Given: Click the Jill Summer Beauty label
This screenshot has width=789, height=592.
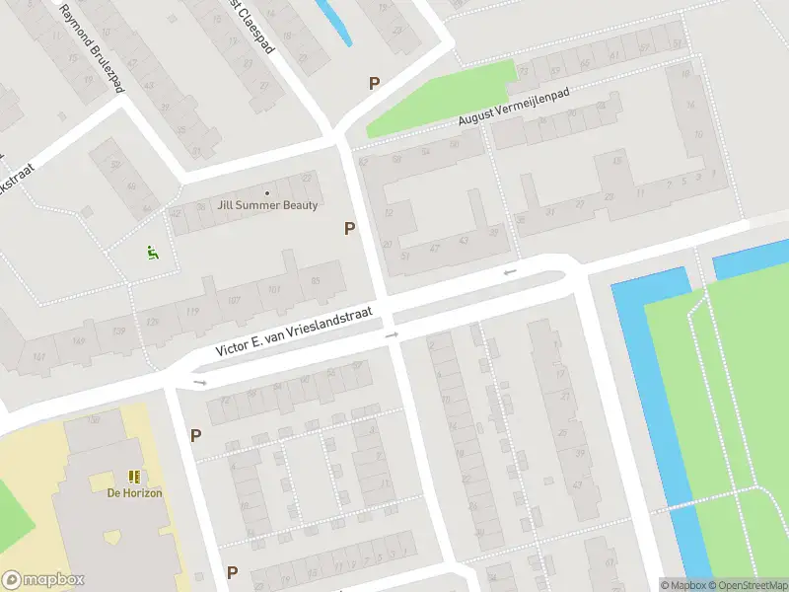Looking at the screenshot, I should [x=268, y=205].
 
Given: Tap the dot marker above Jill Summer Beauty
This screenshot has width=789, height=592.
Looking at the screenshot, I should [x=267, y=192].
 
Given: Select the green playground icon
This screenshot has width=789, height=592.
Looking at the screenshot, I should [x=152, y=253].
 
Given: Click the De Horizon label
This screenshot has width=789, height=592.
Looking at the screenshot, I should [x=135, y=492].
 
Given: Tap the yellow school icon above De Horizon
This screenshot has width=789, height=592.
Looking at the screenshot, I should [x=135, y=477].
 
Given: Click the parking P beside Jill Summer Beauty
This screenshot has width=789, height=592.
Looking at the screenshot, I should [x=349, y=229].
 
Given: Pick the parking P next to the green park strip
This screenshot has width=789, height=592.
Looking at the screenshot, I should [x=374, y=84].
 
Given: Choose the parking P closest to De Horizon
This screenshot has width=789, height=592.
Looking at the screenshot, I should [x=195, y=435].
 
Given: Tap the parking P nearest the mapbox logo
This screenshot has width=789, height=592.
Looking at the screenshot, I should [x=232, y=572].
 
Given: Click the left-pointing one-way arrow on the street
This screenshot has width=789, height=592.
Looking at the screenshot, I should [x=509, y=272].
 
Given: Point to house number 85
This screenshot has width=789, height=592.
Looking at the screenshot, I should [x=316, y=282].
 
